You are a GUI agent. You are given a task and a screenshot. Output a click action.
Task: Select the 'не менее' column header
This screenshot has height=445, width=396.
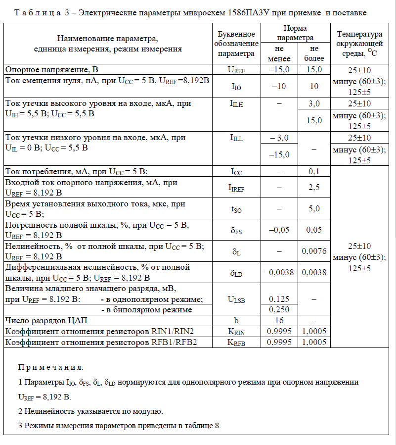[x=279, y=54]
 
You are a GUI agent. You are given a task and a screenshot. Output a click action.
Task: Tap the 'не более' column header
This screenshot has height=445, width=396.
[x=314, y=54]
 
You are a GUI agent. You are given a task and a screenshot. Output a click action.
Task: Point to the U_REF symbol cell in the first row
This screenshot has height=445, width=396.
[x=236, y=70]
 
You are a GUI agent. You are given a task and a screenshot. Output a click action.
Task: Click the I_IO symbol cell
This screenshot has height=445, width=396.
[x=236, y=87]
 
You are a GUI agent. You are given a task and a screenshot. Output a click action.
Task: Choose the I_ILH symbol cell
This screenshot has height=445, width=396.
[x=236, y=104]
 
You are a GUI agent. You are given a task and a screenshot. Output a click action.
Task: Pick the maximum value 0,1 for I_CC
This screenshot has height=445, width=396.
[x=314, y=172]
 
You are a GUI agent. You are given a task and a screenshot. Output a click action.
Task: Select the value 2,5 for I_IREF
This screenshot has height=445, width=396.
[x=314, y=188]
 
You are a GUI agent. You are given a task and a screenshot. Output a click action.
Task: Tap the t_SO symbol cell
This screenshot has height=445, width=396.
[x=236, y=209]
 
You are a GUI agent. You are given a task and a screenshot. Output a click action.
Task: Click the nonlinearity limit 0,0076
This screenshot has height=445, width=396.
[x=314, y=251]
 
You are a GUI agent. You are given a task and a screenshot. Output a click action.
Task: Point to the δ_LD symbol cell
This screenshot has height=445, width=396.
[x=236, y=273]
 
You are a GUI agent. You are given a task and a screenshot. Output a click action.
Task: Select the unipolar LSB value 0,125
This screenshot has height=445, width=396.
[x=279, y=299]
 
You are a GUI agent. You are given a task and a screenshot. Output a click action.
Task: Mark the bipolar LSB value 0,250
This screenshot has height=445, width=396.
[x=279, y=310]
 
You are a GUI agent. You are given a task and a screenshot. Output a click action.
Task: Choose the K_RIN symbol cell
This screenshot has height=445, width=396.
[x=236, y=331]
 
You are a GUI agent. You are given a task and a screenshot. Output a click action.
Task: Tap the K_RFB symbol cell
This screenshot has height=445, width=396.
[x=236, y=342]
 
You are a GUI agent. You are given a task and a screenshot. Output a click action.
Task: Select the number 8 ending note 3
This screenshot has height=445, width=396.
[x=217, y=425]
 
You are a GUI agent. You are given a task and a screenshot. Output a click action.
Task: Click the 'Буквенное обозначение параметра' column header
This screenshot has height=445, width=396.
[x=236, y=44]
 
